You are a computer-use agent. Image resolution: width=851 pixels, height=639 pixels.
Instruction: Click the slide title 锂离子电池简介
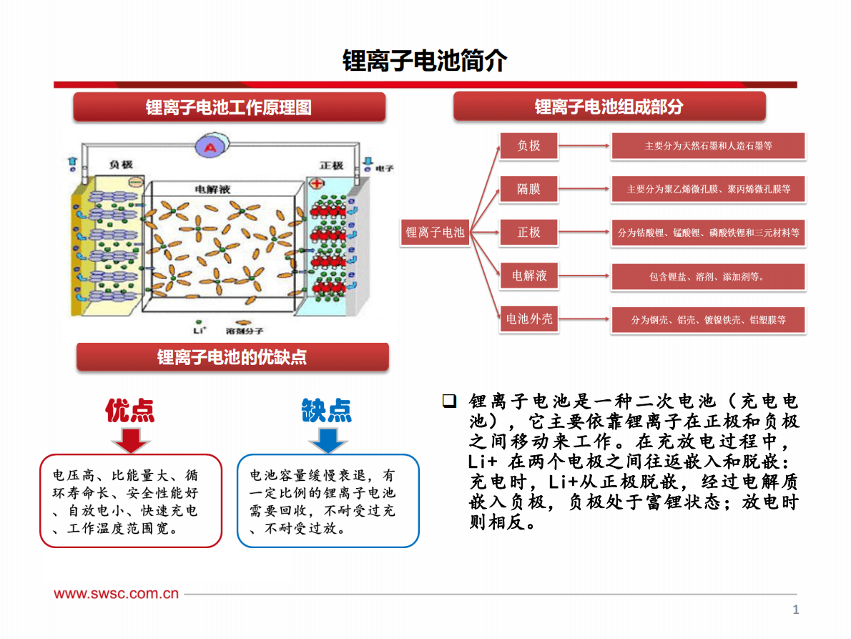pyautogui.click(x=425, y=61)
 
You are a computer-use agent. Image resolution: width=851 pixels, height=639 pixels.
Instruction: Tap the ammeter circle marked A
pyautogui.click(x=210, y=147)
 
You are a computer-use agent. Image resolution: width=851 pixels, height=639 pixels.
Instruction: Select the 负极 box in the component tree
pyautogui.click(x=528, y=146)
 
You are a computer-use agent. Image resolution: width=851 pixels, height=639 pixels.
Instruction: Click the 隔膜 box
pyautogui.click(x=528, y=189)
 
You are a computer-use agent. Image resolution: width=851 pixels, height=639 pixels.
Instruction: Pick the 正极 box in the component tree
pyautogui.click(x=528, y=233)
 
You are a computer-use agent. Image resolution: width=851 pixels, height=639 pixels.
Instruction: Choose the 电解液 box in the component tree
pyautogui.click(x=528, y=276)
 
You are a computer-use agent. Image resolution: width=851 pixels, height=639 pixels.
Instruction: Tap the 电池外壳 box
pyautogui.click(x=528, y=319)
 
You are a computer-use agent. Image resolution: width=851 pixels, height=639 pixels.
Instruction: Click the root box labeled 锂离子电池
pyautogui.click(x=435, y=233)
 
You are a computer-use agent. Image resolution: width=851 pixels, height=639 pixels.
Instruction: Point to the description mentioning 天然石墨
pyautogui.click(x=708, y=146)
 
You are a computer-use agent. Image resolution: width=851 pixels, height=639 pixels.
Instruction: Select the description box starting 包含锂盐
pyautogui.click(x=708, y=277)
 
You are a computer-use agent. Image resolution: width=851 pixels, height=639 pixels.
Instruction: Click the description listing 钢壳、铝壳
pyautogui.click(x=708, y=320)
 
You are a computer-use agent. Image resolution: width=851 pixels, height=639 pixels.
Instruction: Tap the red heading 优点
pyautogui.click(x=130, y=411)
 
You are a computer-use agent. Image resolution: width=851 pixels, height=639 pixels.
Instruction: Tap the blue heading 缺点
pyautogui.click(x=327, y=411)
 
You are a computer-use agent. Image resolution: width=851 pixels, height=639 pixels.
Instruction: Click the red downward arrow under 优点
pyautogui.click(x=131, y=439)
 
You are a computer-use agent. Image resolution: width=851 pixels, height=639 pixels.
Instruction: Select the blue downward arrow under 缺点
pyautogui.click(x=328, y=439)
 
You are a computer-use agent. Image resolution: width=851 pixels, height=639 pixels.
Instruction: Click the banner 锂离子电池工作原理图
pyautogui.click(x=229, y=108)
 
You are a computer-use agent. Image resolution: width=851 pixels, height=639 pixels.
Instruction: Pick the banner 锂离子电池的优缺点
pyautogui.click(x=232, y=357)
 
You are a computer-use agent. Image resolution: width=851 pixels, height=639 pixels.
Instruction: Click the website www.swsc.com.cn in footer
pyautogui.click(x=117, y=593)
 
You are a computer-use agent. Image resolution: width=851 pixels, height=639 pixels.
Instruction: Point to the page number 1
pyautogui.click(x=795, y=610)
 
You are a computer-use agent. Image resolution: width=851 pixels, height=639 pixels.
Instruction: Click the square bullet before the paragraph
pyautogui.click(x=449, y=401)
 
